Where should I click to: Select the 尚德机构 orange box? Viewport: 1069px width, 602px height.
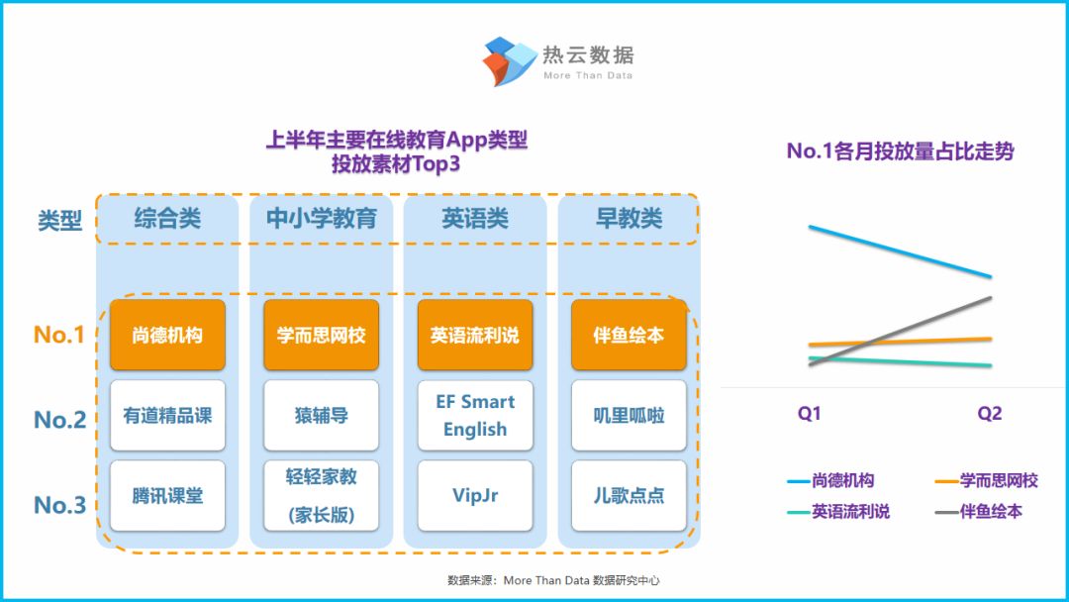167,335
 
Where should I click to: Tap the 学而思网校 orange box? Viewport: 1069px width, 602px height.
321,335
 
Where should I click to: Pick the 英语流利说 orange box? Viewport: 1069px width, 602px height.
475,335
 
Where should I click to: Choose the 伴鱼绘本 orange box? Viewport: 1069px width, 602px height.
629,335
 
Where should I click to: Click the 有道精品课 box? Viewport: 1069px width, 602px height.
167,416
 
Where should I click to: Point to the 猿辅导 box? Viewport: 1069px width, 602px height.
321,416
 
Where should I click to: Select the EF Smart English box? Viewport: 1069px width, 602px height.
475,416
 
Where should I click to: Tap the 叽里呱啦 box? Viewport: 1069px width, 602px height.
629,416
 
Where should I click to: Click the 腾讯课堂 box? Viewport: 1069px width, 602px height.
167,495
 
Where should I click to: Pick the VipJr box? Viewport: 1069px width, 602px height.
475,495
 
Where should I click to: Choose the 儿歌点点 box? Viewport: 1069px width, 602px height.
629,495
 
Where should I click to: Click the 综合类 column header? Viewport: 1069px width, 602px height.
167,219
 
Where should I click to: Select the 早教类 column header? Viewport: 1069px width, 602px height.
629,219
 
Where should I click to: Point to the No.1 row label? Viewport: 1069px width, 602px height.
59,335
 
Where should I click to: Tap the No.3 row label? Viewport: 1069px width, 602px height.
59,505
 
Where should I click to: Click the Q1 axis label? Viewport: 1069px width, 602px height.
810,414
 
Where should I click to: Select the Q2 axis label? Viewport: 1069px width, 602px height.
990,414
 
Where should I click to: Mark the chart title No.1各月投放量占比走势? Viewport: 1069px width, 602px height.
900,151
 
